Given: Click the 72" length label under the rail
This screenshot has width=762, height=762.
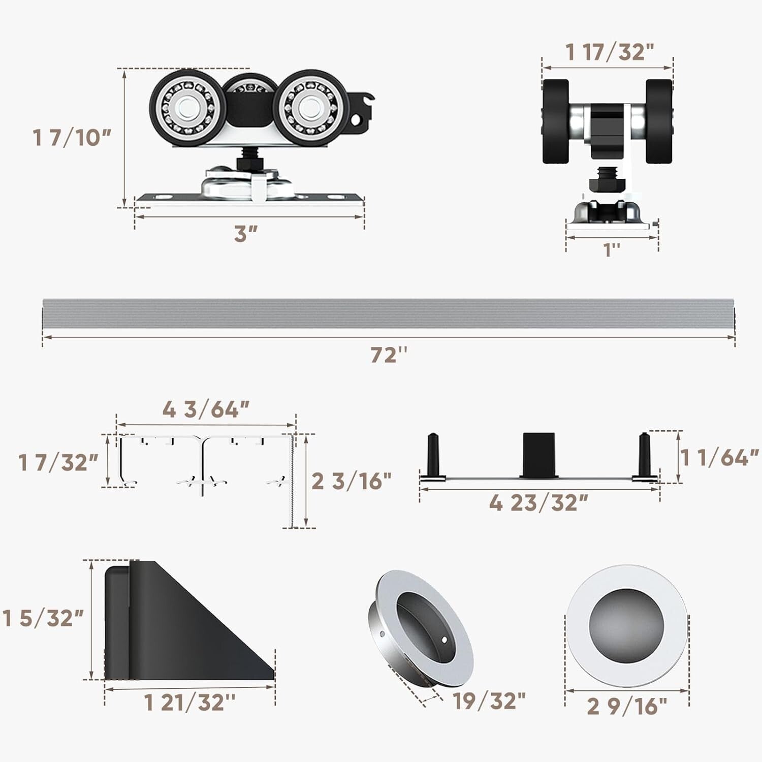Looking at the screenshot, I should coord(389,355).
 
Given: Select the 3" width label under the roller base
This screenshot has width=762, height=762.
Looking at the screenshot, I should coord(246,234).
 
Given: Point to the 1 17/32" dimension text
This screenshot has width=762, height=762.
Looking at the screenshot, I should coord(609,52).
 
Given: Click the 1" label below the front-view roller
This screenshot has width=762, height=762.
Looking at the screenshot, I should coord(612,249).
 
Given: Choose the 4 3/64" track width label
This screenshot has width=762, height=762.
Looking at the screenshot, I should coord(206,409).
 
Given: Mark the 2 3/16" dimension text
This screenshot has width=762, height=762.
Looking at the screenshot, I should coord(351,481).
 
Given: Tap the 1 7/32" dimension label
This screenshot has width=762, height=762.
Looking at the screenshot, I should coord(58,463).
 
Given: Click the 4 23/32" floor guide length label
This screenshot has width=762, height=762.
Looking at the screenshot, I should coord(538,503).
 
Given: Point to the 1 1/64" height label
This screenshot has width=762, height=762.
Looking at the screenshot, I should coord(719,458).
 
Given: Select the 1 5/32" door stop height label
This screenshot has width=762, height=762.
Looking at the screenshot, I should coord(43,618).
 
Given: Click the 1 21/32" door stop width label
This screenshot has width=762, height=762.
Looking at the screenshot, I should coord(190,703).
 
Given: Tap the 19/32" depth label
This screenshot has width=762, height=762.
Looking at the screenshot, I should coord(489,701).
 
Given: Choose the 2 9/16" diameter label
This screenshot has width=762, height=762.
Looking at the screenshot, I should coord(627,706).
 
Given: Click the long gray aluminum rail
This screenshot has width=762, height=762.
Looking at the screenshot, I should coord(389,313).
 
